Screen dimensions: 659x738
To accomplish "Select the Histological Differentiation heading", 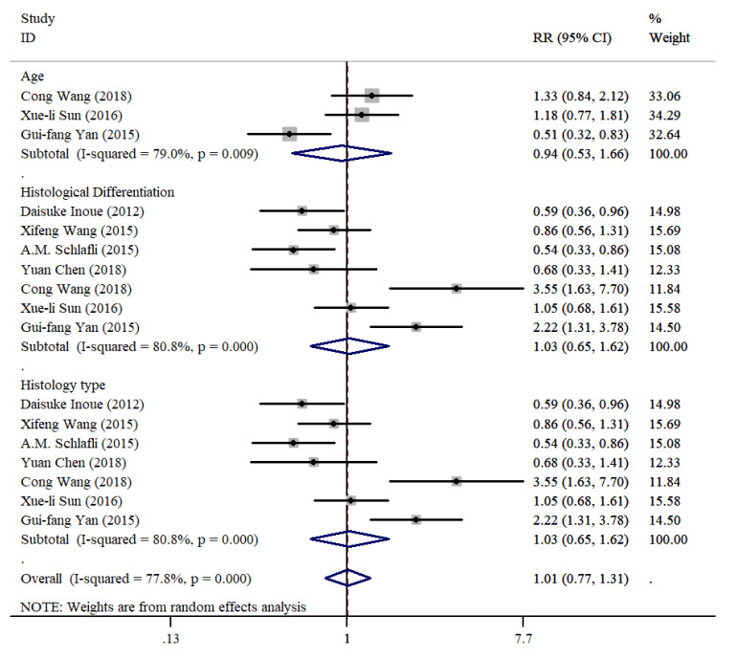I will pyautogui.click(x=95, y=191).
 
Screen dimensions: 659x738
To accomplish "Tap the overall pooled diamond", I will pyautogui.click(x=347, y=578).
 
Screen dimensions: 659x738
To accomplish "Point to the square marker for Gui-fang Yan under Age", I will pyautogui.click(x=289, y=134).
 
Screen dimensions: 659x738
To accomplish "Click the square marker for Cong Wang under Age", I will pyautogui.click(x=371, y=96).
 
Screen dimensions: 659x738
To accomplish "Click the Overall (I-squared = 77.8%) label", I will pyautogui.click(x=135, y=579).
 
